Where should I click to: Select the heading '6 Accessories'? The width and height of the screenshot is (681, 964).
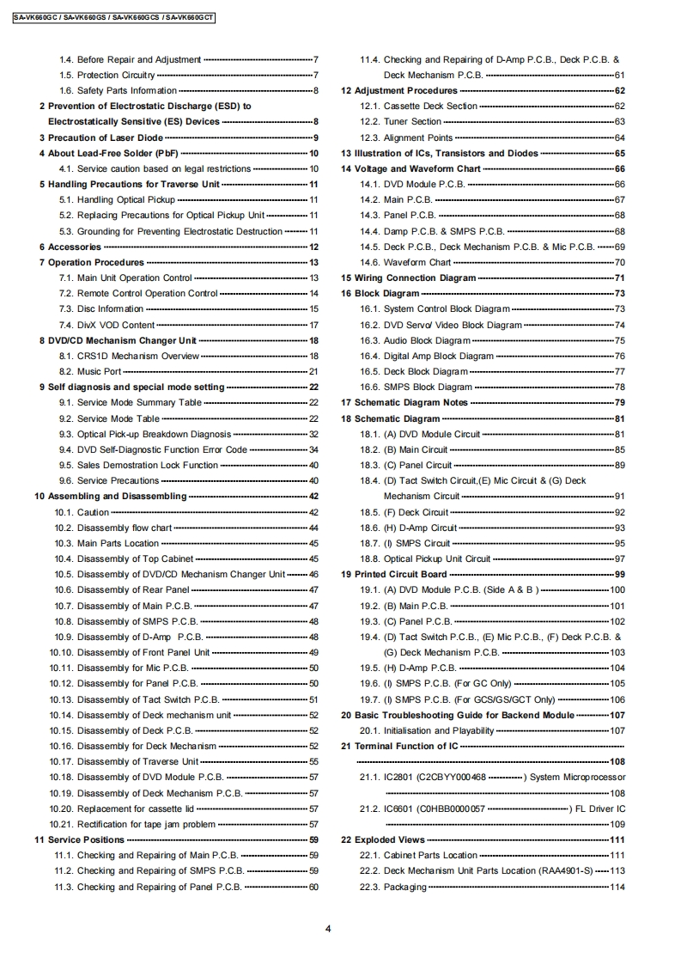click(x=75, y=247)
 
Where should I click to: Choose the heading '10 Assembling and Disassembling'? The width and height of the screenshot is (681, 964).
click(x=110, y=497)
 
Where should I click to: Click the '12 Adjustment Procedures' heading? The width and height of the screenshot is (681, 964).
click(x=399, y=90)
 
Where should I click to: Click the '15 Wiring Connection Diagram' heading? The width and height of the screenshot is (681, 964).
click(x=409, y=278)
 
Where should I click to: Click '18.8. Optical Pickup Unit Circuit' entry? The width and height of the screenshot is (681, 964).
click(x=437, y=558)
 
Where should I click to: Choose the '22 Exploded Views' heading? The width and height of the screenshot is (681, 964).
click(x=383, y=839)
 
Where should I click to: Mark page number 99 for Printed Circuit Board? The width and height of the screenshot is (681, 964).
click(x=619, y=574)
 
